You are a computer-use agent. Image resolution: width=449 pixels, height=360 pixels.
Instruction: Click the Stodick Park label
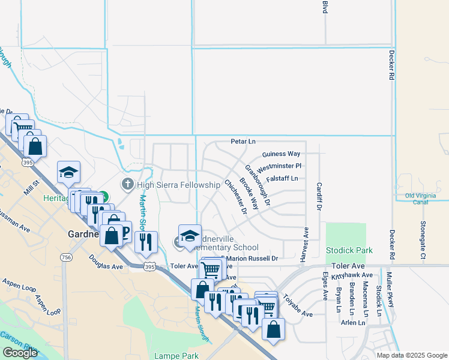tap(349, 250)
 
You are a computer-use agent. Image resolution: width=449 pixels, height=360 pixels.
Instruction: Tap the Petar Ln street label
tap(243, 142)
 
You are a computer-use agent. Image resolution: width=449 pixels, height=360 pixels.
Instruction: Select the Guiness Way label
tap(281, 154)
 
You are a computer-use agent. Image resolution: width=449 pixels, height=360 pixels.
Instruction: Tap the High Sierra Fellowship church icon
tap(127, 185)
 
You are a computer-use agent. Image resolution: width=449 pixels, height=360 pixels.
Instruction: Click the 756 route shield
tap(65, 257)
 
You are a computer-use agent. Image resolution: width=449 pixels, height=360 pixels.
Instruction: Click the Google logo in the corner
tap(20, 353)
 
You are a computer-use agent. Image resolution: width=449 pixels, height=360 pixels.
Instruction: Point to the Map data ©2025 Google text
tap(412, 355)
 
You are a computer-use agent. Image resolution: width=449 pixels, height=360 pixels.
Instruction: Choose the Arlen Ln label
tap(352, 323)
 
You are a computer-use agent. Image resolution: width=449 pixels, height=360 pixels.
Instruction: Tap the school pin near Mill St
tap(69, 172)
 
